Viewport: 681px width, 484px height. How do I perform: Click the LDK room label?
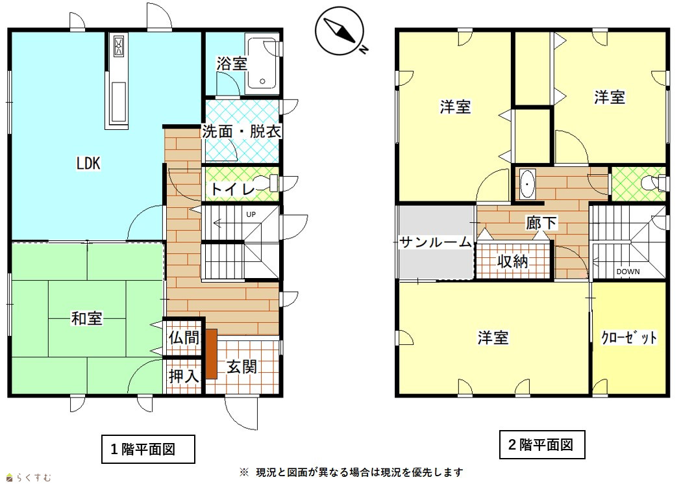tap(88, 163)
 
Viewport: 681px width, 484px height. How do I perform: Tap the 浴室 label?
tap(232, 64)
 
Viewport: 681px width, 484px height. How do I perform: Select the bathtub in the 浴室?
tap(262, 64)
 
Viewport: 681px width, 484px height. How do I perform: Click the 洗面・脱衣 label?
tap(242, 132)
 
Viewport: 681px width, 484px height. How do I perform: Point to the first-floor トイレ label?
tap(233, 190)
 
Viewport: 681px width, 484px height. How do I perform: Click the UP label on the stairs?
tap(251, 214)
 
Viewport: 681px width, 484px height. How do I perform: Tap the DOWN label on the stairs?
tap(628, 272)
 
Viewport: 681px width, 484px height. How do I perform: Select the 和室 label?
tap(87, 318)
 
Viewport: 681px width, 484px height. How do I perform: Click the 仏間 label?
tap(184, 338)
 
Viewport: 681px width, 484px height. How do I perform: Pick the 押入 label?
tap(184, 376)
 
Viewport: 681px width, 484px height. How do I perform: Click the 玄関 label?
tap(242, 367)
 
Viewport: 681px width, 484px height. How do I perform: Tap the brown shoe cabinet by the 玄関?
tap(211, 353)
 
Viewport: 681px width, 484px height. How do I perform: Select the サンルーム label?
tap(436, 242)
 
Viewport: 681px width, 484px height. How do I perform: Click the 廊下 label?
tap(541, 223)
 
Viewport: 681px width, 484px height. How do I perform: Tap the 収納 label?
tap(513, 262)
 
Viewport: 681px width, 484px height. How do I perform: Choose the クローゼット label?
tap(629, 338)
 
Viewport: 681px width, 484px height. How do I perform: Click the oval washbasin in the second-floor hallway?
tap(527, 185)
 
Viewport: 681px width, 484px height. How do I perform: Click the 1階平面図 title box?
tap(148, 449)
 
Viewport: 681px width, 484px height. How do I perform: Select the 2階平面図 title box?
tap(541, 445)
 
